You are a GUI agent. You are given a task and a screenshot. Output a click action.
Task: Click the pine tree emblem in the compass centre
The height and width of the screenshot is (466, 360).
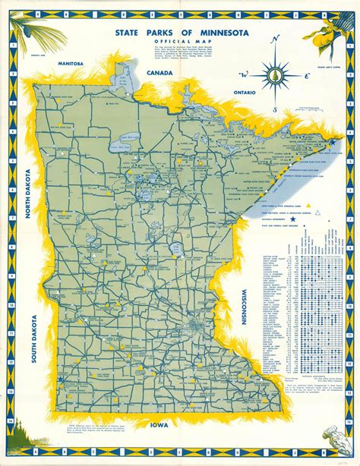point(274,76)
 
